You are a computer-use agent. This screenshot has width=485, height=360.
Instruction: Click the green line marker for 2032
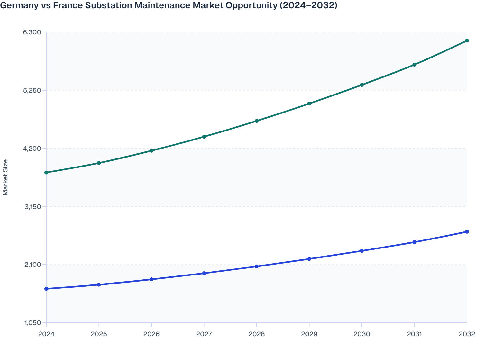click(x=467, y=40)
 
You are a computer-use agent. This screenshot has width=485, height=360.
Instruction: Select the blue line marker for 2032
click(x=467, y=232)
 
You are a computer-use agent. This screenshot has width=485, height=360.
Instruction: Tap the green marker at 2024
click(x=46, y=173)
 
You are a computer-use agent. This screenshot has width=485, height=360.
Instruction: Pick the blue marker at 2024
click(x=46, y=289)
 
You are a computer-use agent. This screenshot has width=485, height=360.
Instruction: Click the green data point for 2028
click(x=257, y=121)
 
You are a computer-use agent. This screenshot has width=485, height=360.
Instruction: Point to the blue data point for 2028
click(x=257, y=266)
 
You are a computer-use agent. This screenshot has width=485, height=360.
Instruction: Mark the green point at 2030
click(x=362, y=85)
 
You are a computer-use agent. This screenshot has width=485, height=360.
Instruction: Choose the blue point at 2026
click(x=151, y=279)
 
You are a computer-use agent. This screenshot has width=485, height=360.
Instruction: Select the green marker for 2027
click(x=204, y=137)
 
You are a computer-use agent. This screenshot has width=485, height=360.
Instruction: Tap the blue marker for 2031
click(x=415, y=242)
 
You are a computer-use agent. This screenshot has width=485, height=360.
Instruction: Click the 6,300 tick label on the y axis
click(x=32, y=32)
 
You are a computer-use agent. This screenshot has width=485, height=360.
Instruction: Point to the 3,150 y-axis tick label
click(x=32, y=207)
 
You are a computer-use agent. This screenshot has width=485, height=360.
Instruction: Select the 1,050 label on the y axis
click(x=32, y=323)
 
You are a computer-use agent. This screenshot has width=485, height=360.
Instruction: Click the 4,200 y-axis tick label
click(x=32, y=148)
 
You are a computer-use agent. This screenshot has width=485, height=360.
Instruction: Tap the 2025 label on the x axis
click(x=99, y=334)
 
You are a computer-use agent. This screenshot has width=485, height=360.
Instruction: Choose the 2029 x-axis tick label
click(x=309, y=334)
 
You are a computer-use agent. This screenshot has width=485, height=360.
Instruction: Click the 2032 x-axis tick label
click(x=467, y=334)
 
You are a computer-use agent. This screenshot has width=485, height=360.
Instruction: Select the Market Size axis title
click(x=5, y=177)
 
